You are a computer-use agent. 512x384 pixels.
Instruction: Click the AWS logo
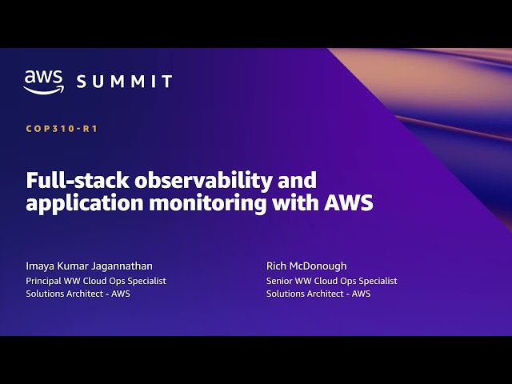(x=43, y=82)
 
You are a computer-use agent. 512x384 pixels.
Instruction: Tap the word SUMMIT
(x=124, y=82)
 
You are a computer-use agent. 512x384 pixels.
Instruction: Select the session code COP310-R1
(x=62, y=128)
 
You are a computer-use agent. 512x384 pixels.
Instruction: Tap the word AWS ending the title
(x=349, y=202)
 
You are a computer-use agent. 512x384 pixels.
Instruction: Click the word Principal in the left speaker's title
(x=45, y=281)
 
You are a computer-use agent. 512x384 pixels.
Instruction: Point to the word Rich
(x=276, y=265)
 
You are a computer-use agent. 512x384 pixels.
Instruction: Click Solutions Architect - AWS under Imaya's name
(x=78, y=294)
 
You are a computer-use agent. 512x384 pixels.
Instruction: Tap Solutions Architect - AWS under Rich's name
(x=318, y=294)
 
